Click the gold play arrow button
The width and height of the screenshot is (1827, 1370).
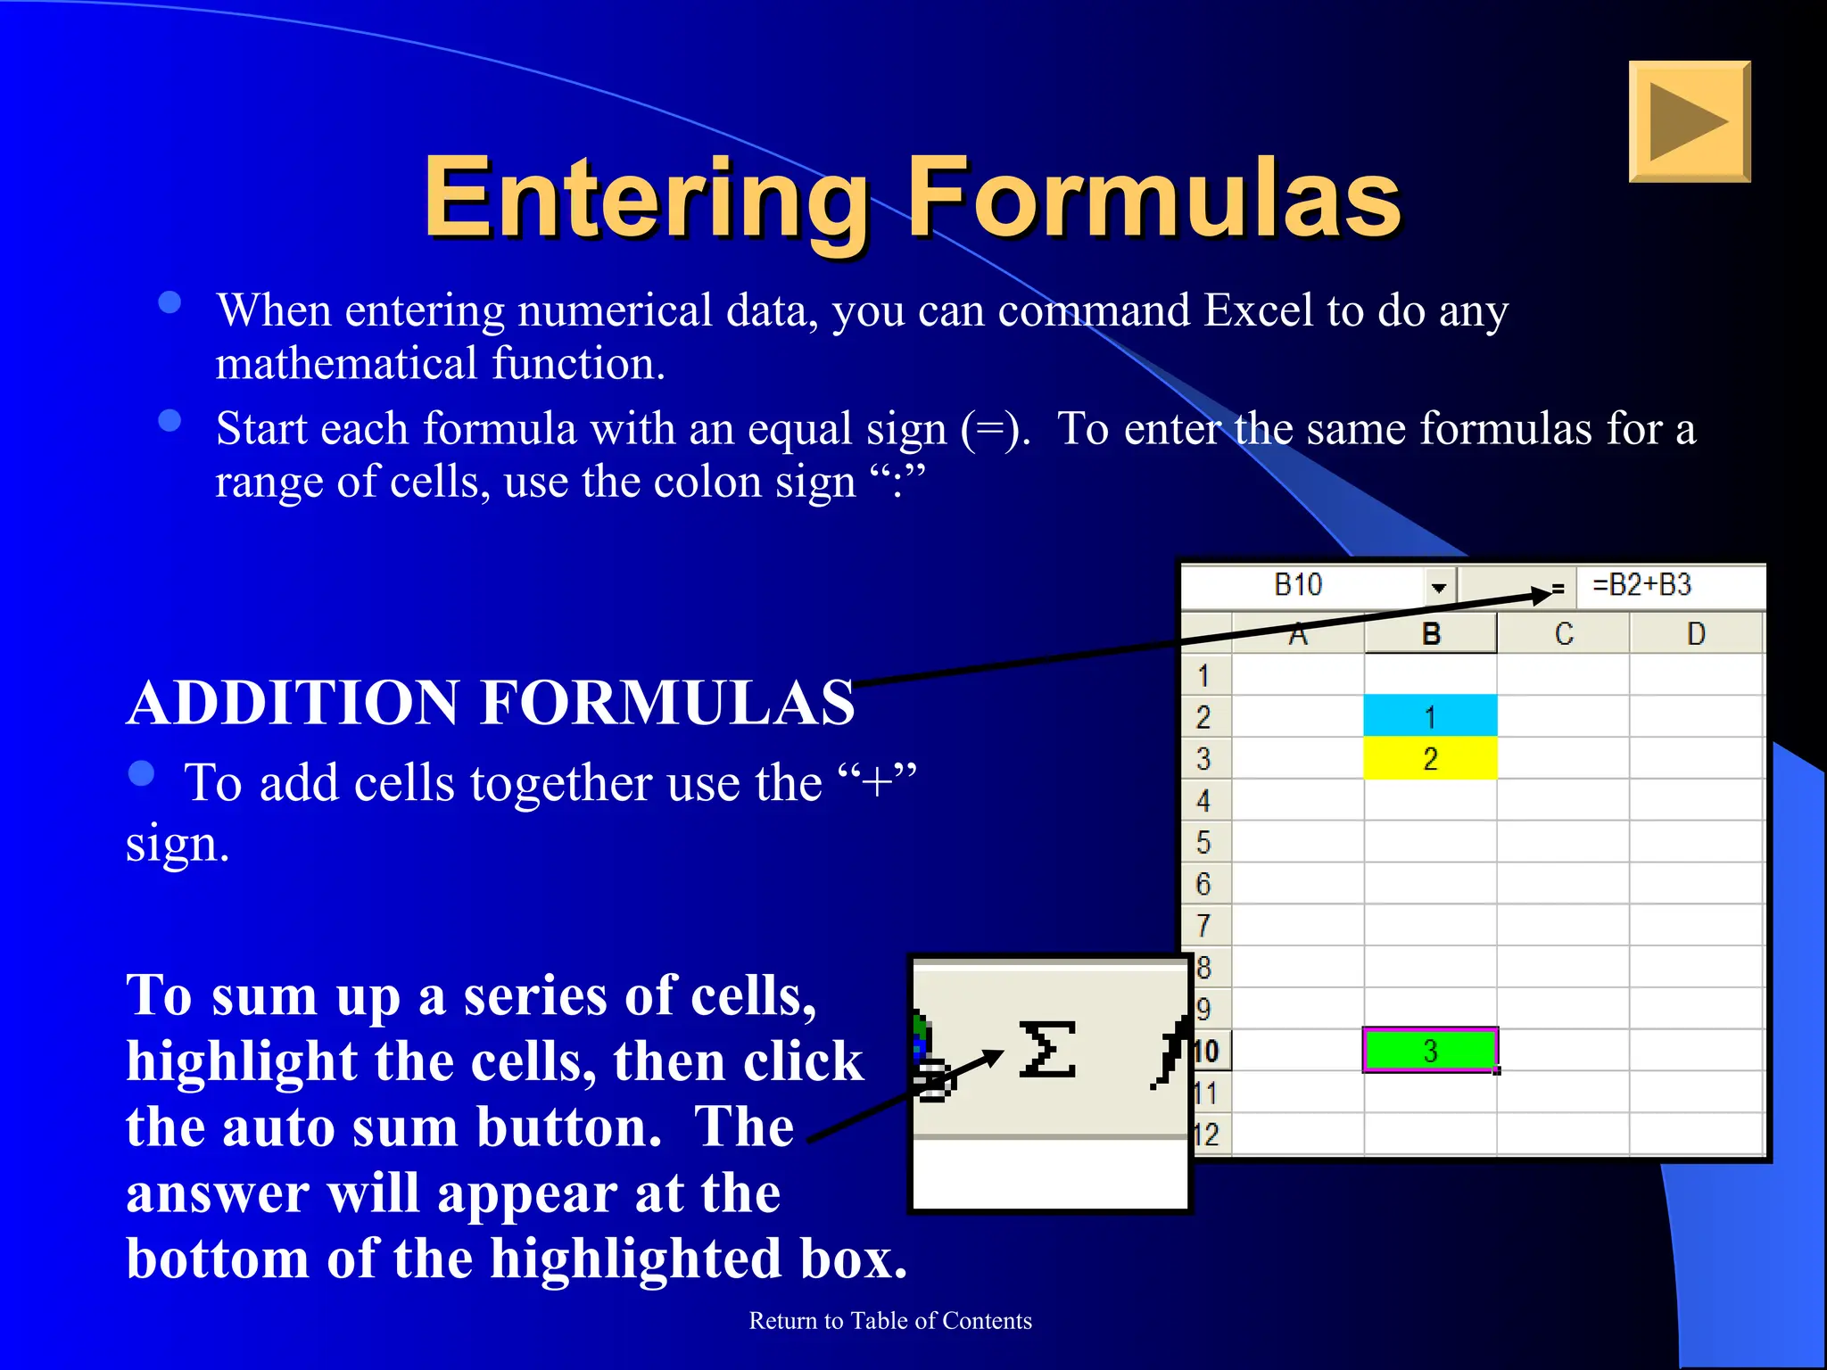(x=1689, y=121)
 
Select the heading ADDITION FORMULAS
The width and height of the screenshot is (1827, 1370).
(x=491, y=703)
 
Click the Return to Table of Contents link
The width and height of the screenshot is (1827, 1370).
(x=889, y=1320)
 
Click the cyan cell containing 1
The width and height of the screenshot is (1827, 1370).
(x=1430, y=716)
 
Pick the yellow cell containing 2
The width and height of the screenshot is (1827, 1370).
(x=1430, y=759)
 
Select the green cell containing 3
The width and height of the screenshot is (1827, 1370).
(x=1430, y=1051)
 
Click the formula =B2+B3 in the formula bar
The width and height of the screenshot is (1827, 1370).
(x=1641, y=585)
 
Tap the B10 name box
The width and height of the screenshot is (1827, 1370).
(x=1298, y=585)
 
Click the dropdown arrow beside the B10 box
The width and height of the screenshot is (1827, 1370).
(x=1438, y=587)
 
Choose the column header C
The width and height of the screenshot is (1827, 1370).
(x=1563, y=634)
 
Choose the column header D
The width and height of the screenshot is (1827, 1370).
(x=1696, y=634)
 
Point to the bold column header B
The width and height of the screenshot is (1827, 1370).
(x=1431, y=634)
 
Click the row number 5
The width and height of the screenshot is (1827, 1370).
(x=1203, y=842)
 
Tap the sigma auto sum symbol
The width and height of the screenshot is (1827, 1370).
(x=1046, y=1050)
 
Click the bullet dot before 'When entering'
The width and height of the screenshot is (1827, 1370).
(x=169, y=302)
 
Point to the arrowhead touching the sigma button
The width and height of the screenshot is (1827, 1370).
(x=992, y=1058)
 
